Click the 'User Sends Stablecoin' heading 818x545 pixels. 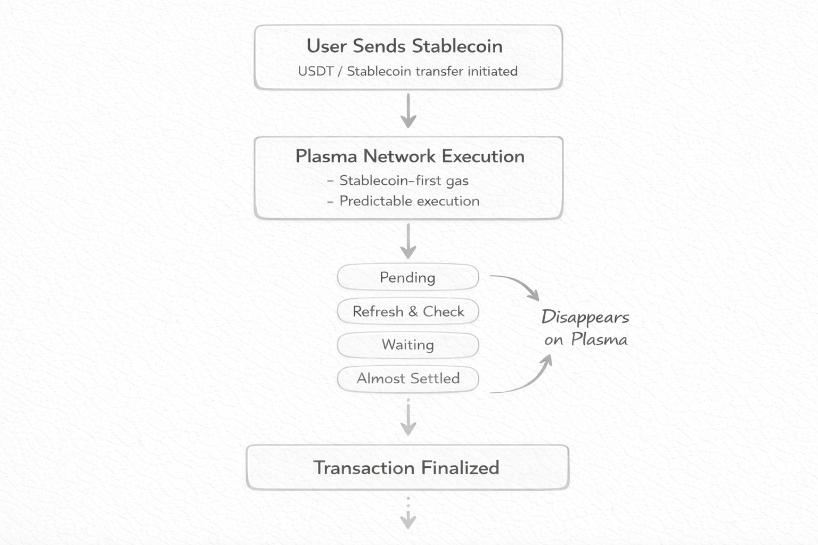pyautogui.click(x=404, y=46)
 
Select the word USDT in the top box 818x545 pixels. pyautogui.click(x=315, y=71)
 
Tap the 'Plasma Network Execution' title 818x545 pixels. pyautogui.click(x=410, y=156)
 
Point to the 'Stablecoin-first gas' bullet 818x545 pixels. pyautogui.click(x=404, y=181)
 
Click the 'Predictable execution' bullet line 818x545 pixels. pyautogui.click(x=409, y=201)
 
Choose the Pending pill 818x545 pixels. pyautogui.click(x=408, y=277)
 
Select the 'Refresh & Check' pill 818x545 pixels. pyautogui.click(x=408, y=311)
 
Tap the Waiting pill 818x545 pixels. pyautogui.click(x=408, y=345)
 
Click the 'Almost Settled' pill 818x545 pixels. pyautogui.click(x=408, y=378)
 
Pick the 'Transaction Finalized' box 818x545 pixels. pyautogui.click(x=407, y=467)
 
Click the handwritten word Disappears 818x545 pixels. pyautogui.click(x=585, y=317)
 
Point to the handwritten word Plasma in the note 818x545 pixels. pyautogui.click(x=599, y=340)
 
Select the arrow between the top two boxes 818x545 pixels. pyautogui.click(x=408, y=111)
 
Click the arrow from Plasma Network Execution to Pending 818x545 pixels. pyautogui.click(x=408, y=241)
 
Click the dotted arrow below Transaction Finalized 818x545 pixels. pyautogui.click(x=408, y=514)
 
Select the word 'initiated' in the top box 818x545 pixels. pyautogui.click(x=493, y=71)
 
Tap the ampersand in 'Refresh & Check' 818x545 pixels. pyautogui.click(x=413, y=311)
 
